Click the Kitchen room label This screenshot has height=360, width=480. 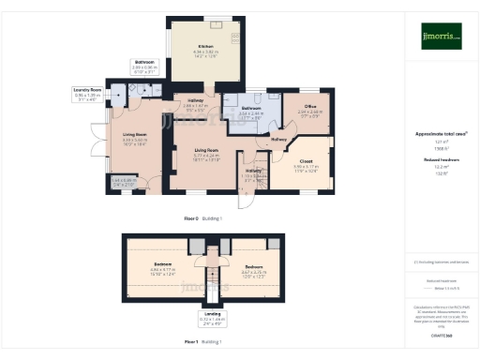204,49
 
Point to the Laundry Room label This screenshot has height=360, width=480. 86,91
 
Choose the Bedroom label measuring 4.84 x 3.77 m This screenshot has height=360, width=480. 163,265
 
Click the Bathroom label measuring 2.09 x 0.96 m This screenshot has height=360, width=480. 143,63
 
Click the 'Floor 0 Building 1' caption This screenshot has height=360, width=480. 203,217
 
